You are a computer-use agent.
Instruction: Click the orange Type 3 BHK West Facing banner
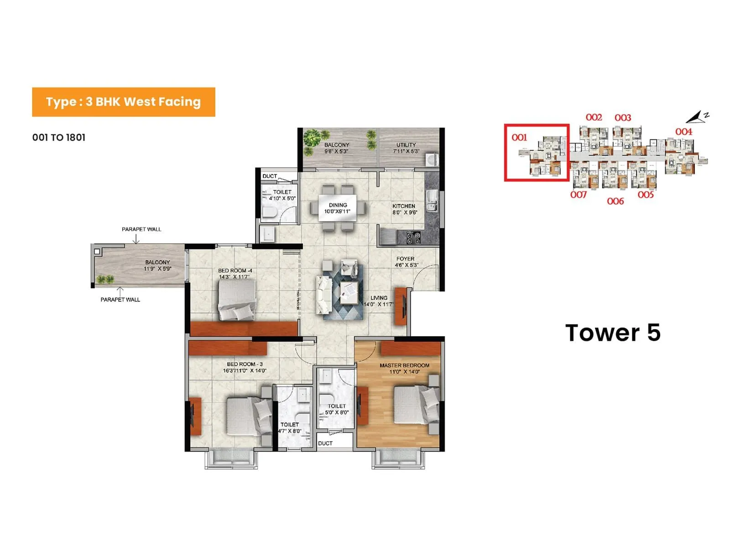123,102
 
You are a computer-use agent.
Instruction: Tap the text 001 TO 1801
59,137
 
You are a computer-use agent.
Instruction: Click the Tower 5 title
612,332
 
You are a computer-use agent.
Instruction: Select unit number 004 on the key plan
683,132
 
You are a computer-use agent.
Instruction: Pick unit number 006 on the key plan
615,201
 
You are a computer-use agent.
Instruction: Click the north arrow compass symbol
697,117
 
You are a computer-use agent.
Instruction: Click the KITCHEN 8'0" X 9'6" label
404,209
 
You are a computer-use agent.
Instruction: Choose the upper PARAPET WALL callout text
141,229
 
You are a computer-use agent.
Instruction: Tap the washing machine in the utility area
431,160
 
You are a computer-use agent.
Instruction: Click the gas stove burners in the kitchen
413,238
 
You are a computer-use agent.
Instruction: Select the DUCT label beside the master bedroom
325,443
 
